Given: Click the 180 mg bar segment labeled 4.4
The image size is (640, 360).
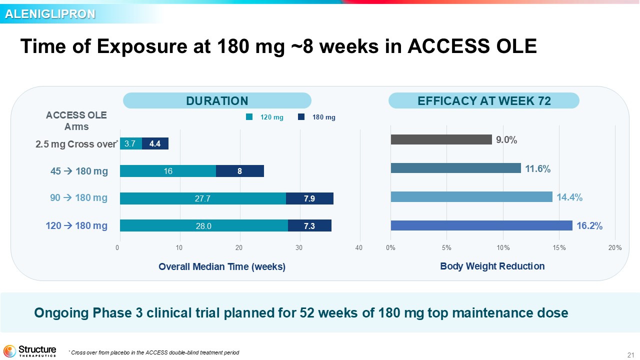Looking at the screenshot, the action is pyautogui.click(x=155, y=143).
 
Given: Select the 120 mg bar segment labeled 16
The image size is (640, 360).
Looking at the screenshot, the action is pyautogui.click(x=168, y=171).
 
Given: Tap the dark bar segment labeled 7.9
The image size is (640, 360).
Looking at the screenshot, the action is pyautogui.click(x=309, y=198).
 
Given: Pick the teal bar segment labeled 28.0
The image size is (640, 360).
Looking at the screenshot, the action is pyautogui.click(x=204, y=225).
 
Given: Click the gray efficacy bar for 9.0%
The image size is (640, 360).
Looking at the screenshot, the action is pyautogui.click(x=441, y=139).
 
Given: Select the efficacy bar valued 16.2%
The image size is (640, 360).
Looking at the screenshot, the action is pyautogui.click(x=481, y=225).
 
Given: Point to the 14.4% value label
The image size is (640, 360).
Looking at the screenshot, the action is pyautogui.click(x=569, y=197).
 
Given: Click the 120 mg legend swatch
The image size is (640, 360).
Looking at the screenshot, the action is pyautogui.click(x=249, y=117).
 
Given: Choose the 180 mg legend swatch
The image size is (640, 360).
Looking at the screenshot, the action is pyautogui.click(x=301, y=117).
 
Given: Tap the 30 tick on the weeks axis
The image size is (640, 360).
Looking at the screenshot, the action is pyautogui.click(x=299, y=247).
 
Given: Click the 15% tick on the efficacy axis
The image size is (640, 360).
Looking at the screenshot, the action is pyautogui.click(x=559, y=247).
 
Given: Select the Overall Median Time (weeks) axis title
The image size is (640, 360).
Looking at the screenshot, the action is pyautogui.click(x=222, y=267).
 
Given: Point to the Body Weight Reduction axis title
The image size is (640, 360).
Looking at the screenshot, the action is pyautogui.click(x=492, y=266).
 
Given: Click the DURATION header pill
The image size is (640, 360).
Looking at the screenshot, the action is pyautogui.click(x=217, y=100).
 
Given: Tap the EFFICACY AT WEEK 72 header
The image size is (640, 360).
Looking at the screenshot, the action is pyautogui.click(x=484, y=100).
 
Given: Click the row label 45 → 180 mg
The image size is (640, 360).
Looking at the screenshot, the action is pyautogui.click(x=79, y=171).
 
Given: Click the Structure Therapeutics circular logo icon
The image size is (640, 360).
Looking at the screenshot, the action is pyautogui.click(x=9, y=351).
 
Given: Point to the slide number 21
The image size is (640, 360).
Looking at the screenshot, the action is pyautogui.click(x=630, y=355).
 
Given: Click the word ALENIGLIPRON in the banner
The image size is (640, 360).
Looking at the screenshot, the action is pyautogui.click(x=50, y=14).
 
